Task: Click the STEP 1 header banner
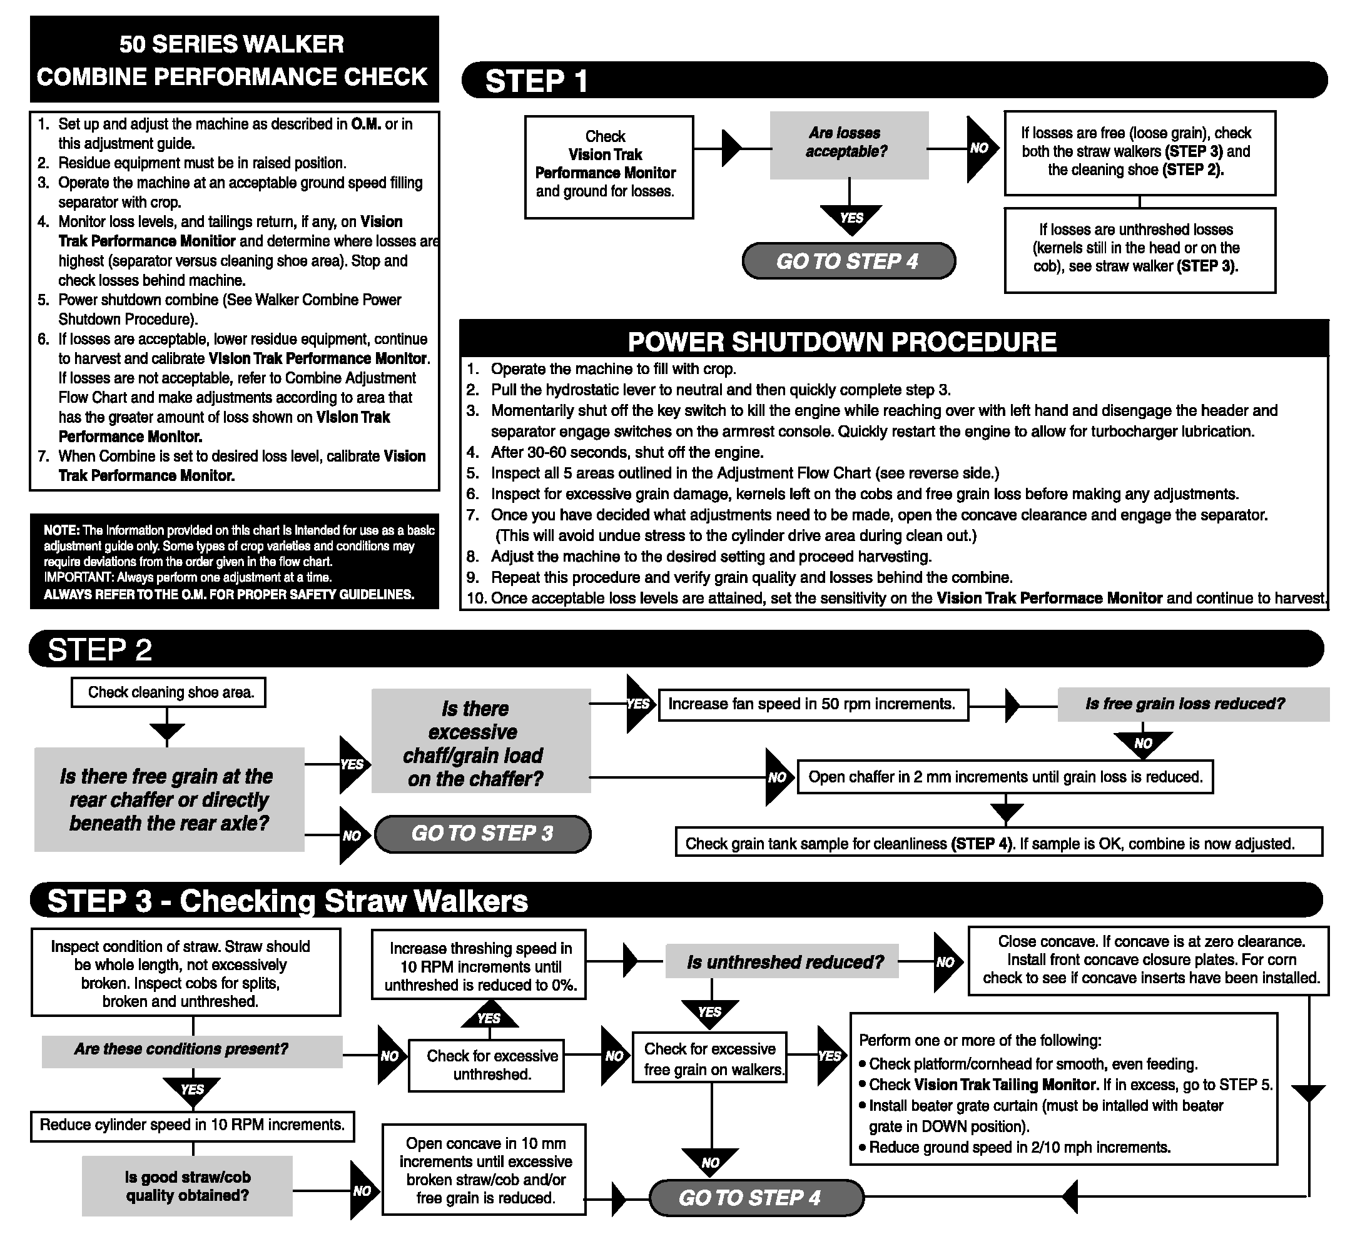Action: (894, 80)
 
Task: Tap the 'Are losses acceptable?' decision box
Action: (848, 144)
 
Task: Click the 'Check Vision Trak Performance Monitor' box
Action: (608, 167)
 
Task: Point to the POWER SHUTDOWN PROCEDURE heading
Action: (842, 341)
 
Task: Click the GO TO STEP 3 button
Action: (482, 834)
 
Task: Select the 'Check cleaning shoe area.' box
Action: (168, 692)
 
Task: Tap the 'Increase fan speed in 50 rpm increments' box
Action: (813, 704)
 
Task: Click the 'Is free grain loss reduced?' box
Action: (1192, 704)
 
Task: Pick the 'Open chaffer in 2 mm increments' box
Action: (1005, 777)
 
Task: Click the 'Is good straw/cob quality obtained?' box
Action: (188, 1186)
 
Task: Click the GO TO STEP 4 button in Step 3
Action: (755, 1198)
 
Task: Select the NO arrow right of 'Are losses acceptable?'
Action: (980, 149)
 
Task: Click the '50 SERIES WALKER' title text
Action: (231, 44)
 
